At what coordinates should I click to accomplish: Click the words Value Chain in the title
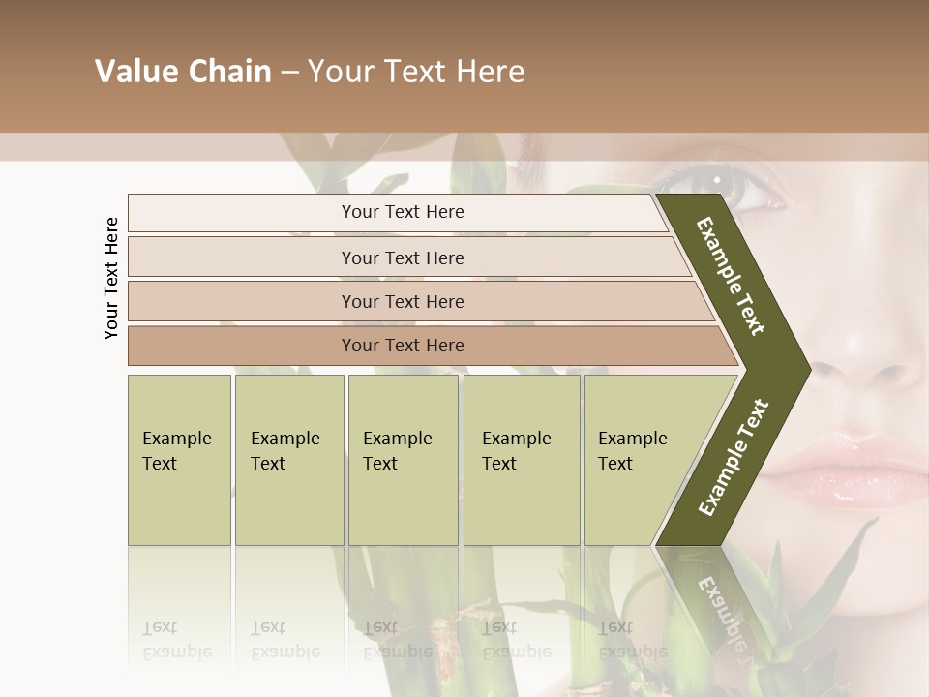point(183,72)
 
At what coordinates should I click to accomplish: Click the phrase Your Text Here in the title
point(416,72)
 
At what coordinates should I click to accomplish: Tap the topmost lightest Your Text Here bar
point(402,212)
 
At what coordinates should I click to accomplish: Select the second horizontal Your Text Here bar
point(402,258)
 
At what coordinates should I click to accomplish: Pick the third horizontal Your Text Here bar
point(402,301)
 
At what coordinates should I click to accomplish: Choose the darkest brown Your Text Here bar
point(402,346)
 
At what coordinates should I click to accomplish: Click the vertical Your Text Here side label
point(111,278)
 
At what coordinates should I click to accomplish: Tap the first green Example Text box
point(179,460)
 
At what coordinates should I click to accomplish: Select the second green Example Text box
point(288,460)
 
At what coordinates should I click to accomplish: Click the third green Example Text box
point(402,460)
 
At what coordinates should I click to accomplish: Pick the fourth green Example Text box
point(521,460)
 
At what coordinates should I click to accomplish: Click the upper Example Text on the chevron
point(731,276)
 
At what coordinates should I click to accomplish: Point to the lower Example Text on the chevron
point(734,458)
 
